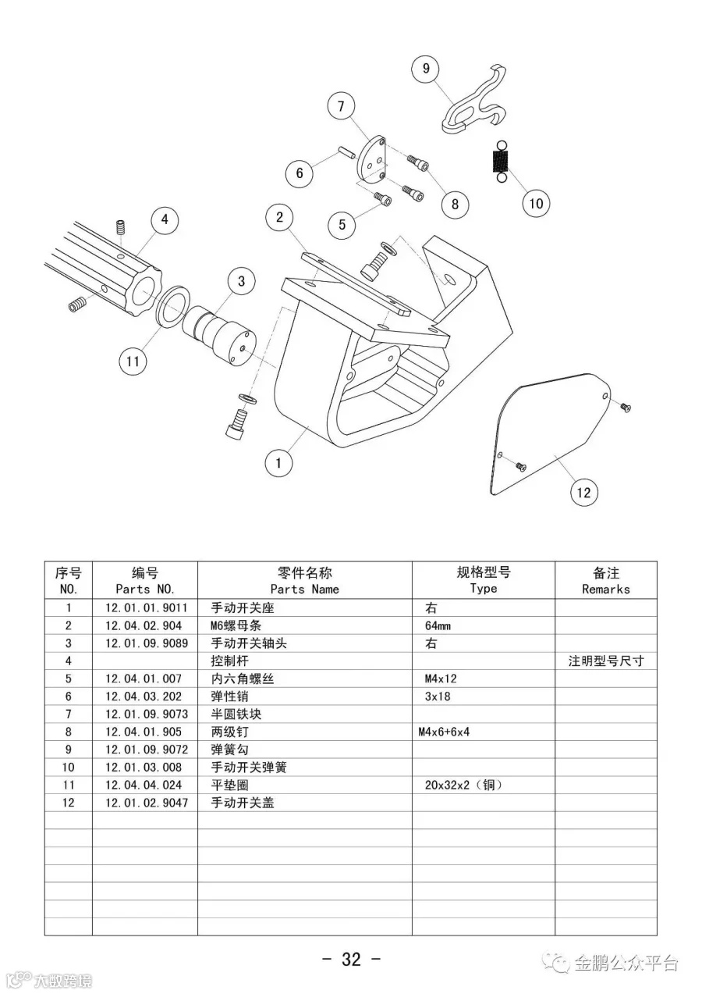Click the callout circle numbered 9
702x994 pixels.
(426, 69)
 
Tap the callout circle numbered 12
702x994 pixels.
(584, 493)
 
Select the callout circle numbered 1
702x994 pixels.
(278, 463)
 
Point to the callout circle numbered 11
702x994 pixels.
(133, 361)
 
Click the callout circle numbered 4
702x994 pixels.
(165, 219)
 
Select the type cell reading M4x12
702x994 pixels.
(438, 679)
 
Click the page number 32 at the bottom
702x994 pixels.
(351, 960)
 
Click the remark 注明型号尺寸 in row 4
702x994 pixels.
(606, 661)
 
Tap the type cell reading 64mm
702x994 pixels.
(438, 625)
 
